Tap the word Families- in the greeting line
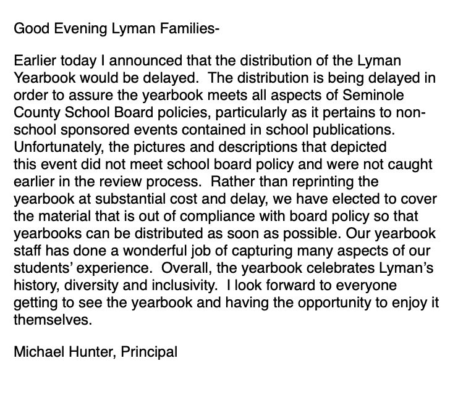pyautogui.click(x=189, y=29)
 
